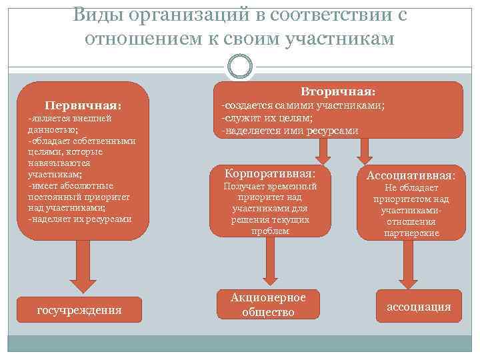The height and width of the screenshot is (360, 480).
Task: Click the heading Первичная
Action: pos(83,105)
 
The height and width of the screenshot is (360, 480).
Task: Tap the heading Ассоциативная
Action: pos(411,176)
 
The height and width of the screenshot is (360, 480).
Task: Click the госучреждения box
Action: pos(79,309)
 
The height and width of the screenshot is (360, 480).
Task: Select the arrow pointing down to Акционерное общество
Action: pos(269,260)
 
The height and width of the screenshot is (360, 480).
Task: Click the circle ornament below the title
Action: pos(239,67)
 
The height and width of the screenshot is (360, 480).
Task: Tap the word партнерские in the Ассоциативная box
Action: pos(411,233)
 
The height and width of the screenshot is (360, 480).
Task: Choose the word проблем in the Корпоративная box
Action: pos(270,231)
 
